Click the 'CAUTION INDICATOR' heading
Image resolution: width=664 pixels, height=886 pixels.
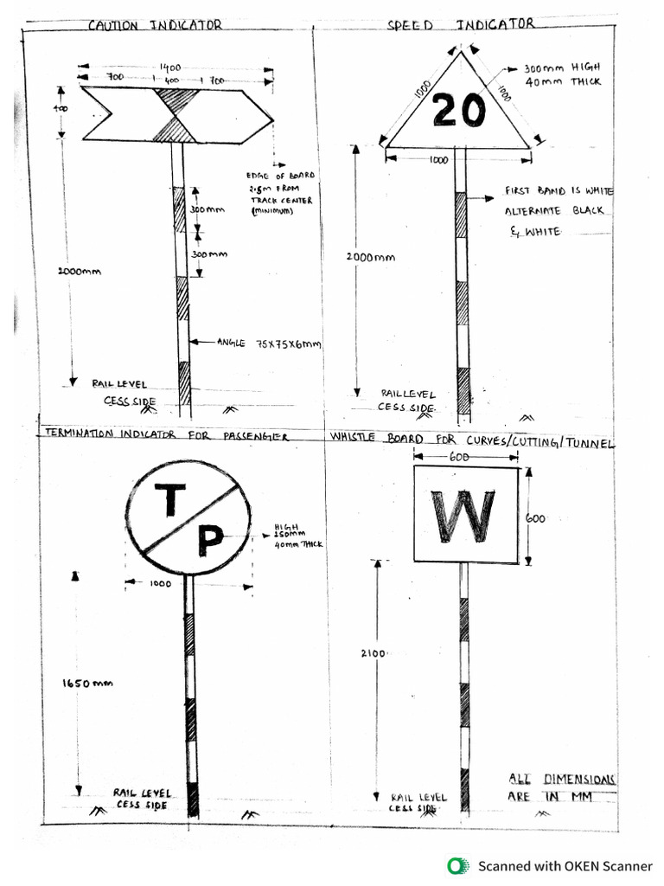155,25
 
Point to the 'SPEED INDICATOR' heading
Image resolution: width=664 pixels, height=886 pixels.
461,24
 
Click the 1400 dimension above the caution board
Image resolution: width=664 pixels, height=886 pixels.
169,67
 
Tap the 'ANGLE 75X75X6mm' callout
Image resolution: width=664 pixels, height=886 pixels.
268,343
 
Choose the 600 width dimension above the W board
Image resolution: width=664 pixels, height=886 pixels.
459,457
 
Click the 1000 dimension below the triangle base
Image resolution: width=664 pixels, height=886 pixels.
439,160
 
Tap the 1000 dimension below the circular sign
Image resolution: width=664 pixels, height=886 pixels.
161,584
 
